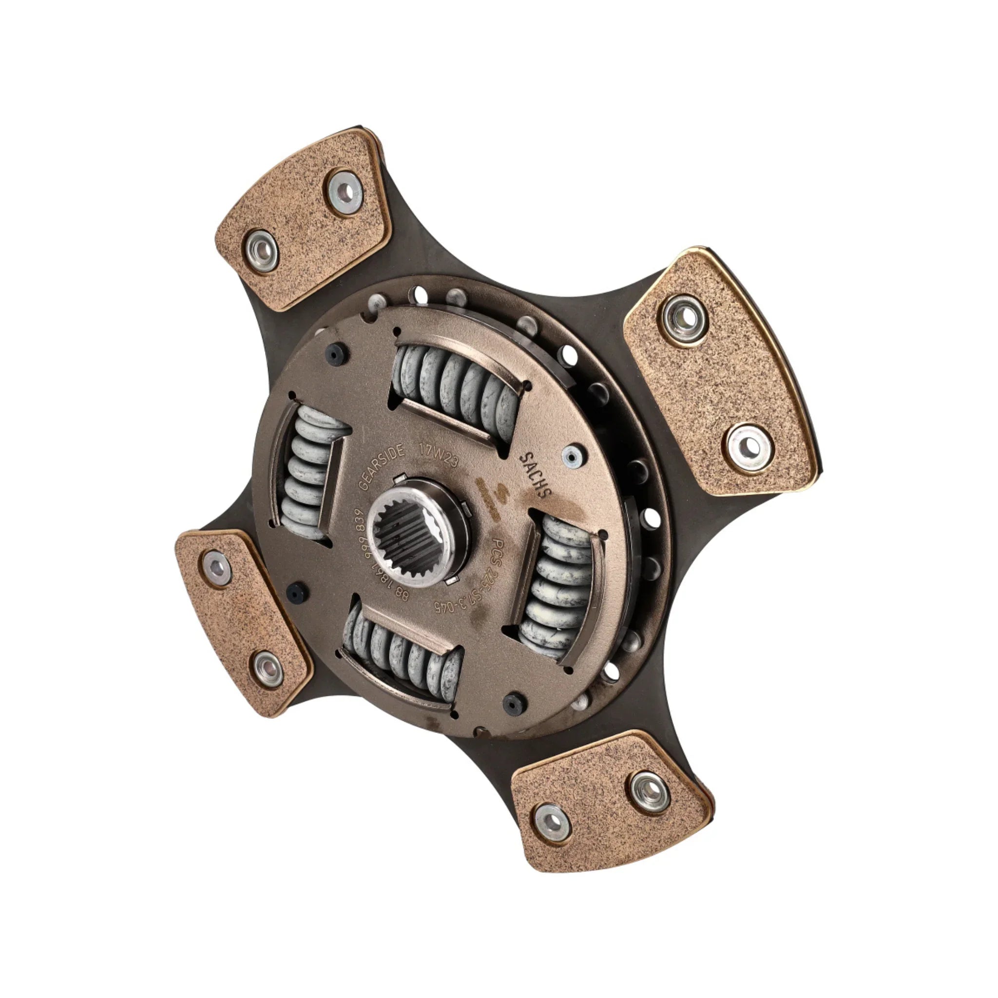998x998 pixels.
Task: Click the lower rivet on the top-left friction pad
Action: click(261, 250)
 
